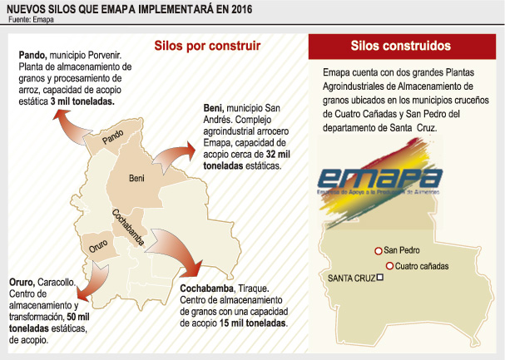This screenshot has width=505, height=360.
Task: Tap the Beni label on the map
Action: [x=137, y=178]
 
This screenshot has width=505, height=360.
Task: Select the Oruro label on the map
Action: [x=97, y=247]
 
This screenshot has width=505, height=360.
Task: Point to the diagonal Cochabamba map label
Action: [x=128, y=227]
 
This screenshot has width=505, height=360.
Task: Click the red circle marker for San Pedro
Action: [x=379, y=250]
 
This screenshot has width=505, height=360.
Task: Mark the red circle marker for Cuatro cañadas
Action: [x=389, y=266]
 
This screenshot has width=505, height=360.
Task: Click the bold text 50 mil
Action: [x=79, y=318]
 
